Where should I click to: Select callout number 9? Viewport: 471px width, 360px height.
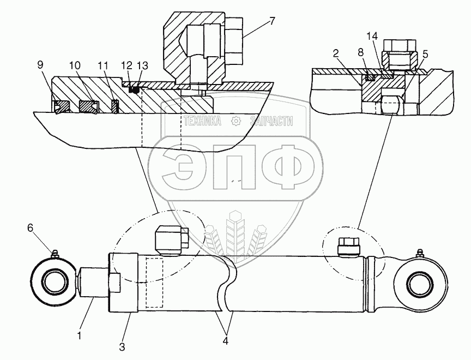(40, 64)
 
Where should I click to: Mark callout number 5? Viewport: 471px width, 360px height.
(425, 54)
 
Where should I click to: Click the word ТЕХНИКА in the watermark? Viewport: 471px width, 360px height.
(202, 121)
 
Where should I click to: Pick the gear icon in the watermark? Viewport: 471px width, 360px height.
(235, 121)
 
